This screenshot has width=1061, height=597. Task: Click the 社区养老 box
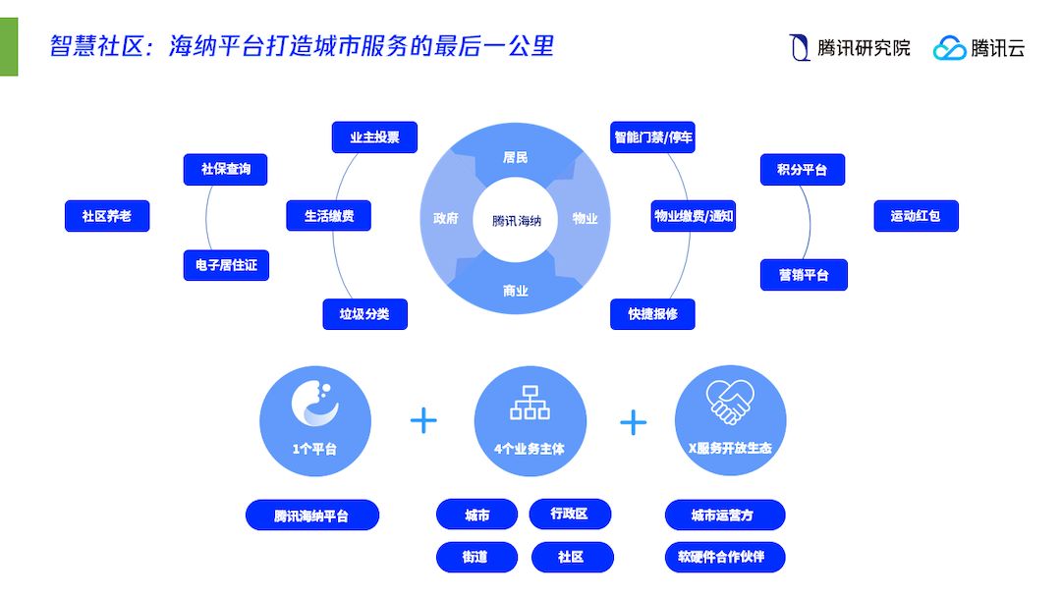(107, 216)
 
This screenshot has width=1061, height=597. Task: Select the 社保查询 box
(226, 169)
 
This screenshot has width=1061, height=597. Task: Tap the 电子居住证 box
(226, 265)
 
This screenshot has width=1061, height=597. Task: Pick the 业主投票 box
(374, 137)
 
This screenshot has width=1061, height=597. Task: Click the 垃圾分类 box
(364, 314)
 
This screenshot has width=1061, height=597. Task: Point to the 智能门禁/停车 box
(653, 137)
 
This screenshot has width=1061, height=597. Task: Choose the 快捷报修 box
(653, 314)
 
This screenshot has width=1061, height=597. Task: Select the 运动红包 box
(916, 216)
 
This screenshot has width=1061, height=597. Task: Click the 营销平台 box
(804, 275)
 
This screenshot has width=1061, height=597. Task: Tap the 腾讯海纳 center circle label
(517, 220)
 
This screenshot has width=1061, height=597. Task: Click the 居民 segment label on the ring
(516, 157)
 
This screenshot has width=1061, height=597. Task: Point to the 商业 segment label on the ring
(516, 291)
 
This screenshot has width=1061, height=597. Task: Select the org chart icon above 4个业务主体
(530, 402)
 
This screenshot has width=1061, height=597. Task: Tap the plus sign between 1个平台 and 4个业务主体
(423, 421)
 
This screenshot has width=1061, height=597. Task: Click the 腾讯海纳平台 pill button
(311, 516)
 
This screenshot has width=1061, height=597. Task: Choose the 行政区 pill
(570, 514)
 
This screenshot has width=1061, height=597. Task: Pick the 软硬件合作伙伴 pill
(724, 557)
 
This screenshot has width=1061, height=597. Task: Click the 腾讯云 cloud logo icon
(949, 47)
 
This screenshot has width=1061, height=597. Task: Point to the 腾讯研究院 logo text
(864, 47)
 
